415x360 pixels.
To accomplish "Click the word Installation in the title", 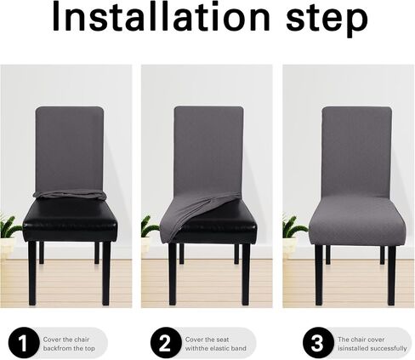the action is pyautogui.click(x=161, y=17).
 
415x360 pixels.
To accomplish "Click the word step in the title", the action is pyautogui.click(x=327, y=20).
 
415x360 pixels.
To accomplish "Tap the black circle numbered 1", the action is pyautogui.click(x=24, y=343).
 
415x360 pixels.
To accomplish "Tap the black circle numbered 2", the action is pyautogui.click(x=166, y=343).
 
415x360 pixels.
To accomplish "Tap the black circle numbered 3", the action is pyautogui.click(x=318, y=343).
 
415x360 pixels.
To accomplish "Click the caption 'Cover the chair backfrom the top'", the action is pyautogui.click(x=69, y=344).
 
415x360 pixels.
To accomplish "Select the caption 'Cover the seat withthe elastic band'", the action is pyautogui.click(x=215, y=344).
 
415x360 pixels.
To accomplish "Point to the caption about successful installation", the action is pyautogui.click(x=372, y=344).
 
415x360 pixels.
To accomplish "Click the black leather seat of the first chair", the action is pyautogui.click(x=70, y=220).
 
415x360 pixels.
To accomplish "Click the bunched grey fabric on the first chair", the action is pyautogui.click(x=70, y=194).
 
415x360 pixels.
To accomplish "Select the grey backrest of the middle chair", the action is pyautogui.click(x=208, y=151).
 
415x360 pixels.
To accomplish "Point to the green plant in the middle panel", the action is pyautogui.click(x=149, y=226).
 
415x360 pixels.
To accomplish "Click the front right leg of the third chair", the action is pyautogui.click(x=392, y=275).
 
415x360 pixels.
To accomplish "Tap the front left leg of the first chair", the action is pyautogui.click(x=32, y=273).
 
